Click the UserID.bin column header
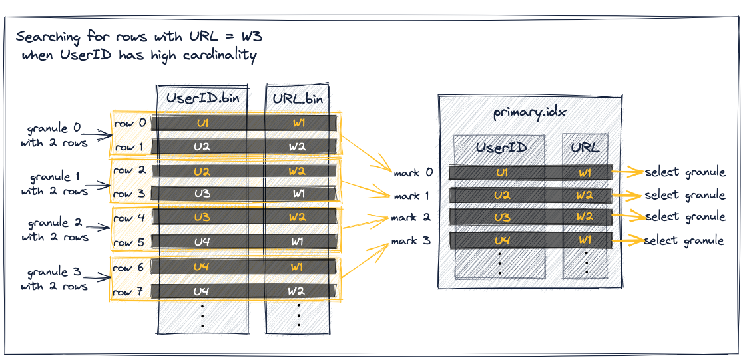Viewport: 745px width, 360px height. coord(202,99)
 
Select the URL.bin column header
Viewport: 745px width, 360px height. coord(298,99)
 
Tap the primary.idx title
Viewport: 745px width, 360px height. coord(529,112)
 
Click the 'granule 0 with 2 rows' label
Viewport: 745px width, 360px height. coord(57,135)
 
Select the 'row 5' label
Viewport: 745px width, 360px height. coord(128,242)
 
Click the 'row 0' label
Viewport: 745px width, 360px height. coord(128,124)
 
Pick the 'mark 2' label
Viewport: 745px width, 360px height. coord(411,218)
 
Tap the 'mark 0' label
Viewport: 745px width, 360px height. coord(413,173)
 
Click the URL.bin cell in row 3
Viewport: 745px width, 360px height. coord(298,194)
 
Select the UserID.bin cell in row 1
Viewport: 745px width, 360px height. coord(202,147)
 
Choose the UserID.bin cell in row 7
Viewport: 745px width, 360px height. coord(202,291)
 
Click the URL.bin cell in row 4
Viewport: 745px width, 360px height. coord(298,218)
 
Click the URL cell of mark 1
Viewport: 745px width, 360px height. coord(585,196)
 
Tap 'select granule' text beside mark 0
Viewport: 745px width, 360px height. coord(684,172)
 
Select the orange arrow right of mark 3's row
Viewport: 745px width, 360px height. coord(626,240)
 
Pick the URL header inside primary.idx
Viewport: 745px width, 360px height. coord(585,148)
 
